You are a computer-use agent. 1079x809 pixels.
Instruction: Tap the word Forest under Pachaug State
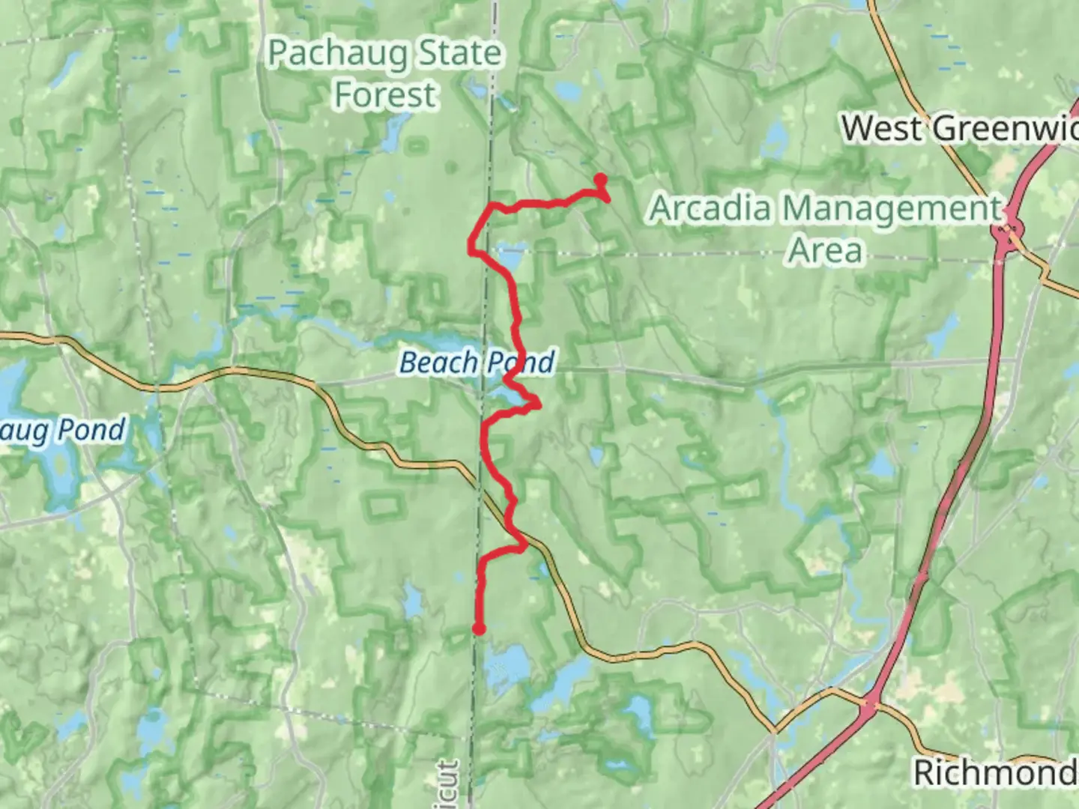[384, 95]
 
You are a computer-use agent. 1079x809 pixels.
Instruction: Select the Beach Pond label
[477, 363]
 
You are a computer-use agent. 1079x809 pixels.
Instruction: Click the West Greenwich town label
[959, 128]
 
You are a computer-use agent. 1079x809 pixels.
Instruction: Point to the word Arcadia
[710, 208]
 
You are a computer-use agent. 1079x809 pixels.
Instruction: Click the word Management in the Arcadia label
[891, 209]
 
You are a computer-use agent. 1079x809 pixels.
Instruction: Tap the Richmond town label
[995, 772]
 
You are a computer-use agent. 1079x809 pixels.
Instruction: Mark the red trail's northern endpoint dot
[600, 179]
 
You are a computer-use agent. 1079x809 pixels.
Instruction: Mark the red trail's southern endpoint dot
[478, 629]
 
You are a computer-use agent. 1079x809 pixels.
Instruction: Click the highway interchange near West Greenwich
[1009, 226]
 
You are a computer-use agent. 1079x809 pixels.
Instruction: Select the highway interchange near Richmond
[869, 703]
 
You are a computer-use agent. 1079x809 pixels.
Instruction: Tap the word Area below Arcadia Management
[825, 250]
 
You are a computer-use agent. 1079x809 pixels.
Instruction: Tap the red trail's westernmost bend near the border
[471, 244]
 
